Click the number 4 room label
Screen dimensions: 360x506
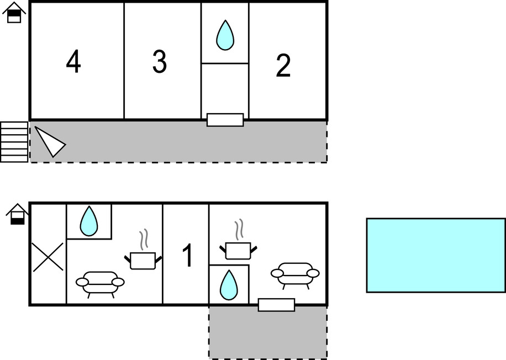coord(73,62)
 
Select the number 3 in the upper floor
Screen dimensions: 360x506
coord(160,62)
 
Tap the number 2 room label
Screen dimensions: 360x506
coord(283,66)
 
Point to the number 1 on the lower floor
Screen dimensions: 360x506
coord(188,256)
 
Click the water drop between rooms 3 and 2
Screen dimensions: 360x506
coord(225,35)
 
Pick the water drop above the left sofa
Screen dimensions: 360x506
coord(89,221)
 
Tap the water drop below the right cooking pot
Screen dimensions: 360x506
coord(228,285)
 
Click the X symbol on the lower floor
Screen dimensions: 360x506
coord(48,257)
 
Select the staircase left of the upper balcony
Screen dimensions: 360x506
coord(14,142)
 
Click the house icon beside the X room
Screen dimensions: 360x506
coord(18,214)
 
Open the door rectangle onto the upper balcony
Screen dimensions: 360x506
coord(225,120)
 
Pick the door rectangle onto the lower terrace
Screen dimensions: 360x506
coord(276,305)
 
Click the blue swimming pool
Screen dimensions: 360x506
coord(435,255)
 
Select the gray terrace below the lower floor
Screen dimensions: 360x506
coord(267,333)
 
